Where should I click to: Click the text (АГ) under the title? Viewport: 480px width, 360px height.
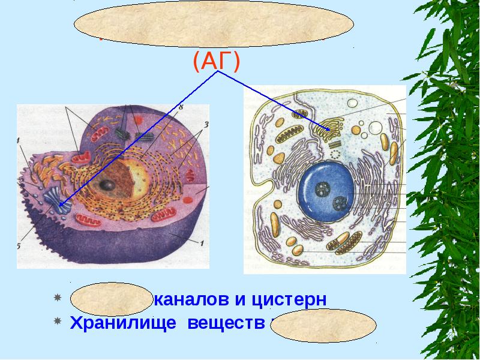(217, 61)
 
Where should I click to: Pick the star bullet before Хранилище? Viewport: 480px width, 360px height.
(58, 322)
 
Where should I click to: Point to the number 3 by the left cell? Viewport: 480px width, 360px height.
(205, 125)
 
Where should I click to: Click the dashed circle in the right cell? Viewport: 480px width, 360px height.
(334, 154)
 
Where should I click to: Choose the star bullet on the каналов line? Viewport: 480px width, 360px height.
(58, 298)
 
